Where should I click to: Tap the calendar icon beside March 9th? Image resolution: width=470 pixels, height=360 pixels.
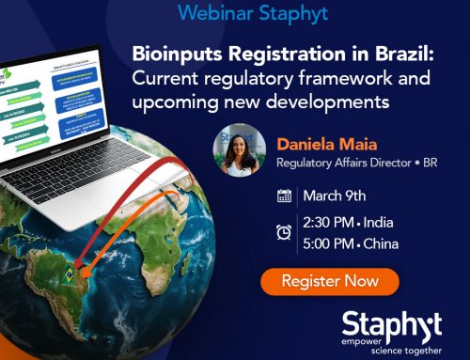[284, 196]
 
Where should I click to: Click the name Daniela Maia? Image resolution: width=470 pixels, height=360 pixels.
[320, 145]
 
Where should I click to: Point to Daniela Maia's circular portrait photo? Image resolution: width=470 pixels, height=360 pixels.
[243, 149]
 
